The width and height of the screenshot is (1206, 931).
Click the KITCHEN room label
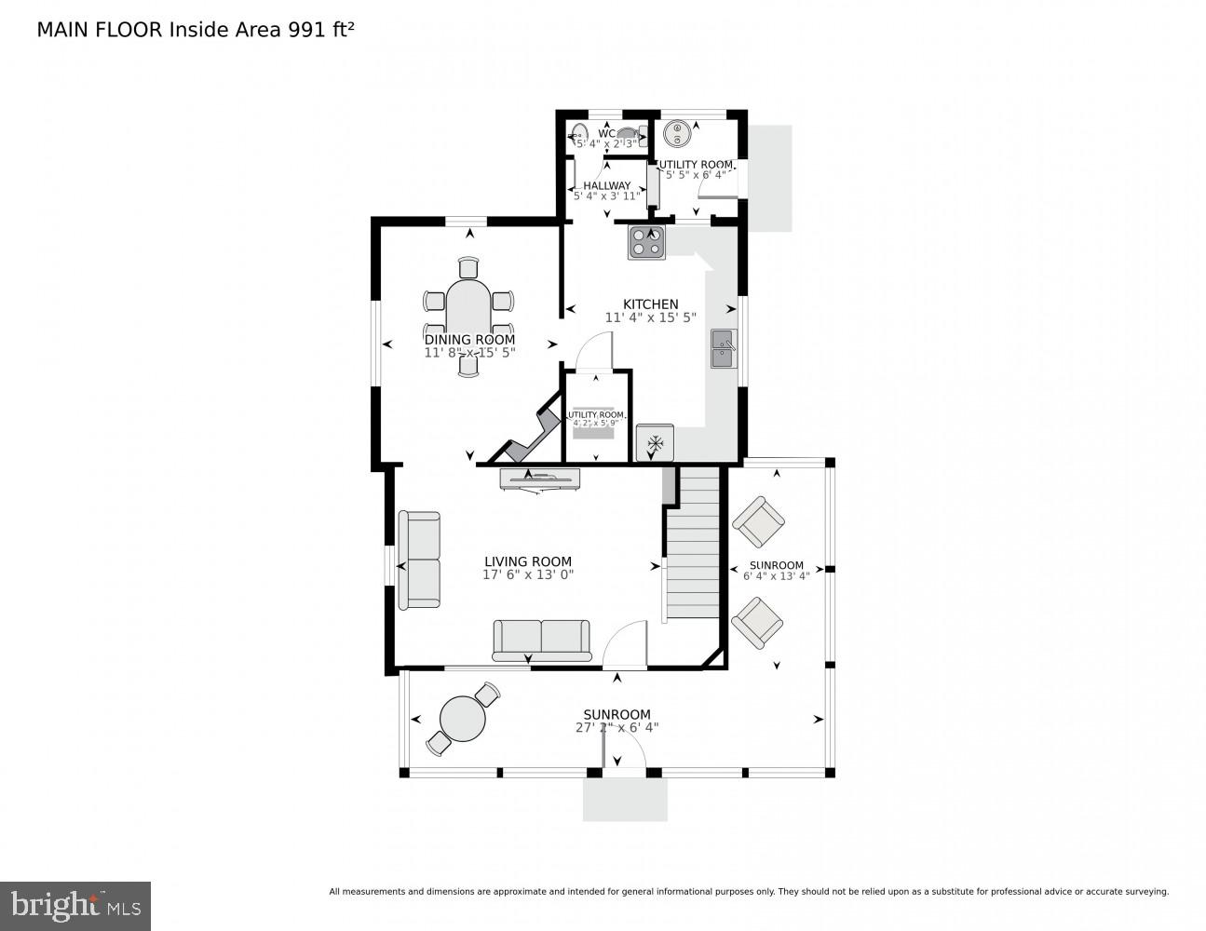(650, 304)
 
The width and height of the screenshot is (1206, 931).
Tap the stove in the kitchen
(646, 243)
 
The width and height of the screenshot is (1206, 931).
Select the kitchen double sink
(724, 349)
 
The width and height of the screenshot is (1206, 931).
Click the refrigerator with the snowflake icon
(655, 443)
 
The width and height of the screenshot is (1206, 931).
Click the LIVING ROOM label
(527, 561)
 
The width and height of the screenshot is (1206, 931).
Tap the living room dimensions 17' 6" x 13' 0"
(527, 575)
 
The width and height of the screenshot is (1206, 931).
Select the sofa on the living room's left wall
(419, 560)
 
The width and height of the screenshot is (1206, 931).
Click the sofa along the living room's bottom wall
(541, 640)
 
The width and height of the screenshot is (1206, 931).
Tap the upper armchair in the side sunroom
(758, 523)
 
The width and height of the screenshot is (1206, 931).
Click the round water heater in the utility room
(678, 134)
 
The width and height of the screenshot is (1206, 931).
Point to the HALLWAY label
(606, 185)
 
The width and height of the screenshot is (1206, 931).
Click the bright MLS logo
(75, 906)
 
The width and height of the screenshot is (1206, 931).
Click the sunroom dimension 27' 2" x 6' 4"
(617, 728)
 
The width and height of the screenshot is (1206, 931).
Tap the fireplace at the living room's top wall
(540, 479)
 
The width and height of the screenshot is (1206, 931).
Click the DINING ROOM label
(469, 340)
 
